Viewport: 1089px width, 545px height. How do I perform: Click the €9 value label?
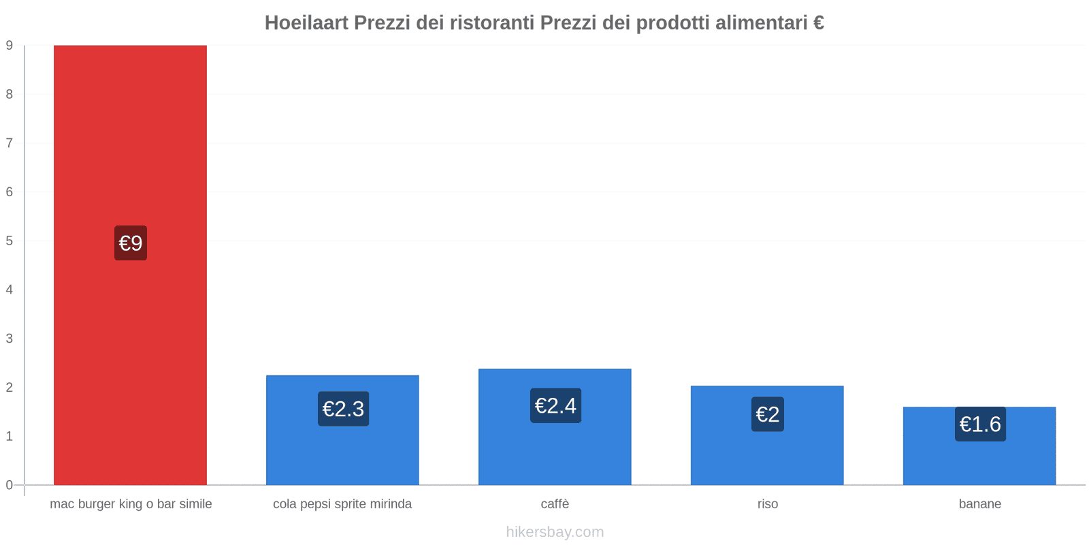click(x=131, y=243)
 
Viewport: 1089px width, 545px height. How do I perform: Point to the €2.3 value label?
click(x=343, y=409)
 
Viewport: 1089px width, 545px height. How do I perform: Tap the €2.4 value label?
click(x=555, y=406)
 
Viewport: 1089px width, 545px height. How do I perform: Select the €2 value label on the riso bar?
click(x=768, y=414)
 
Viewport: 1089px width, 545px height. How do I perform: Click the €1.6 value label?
click(x=980, y=424)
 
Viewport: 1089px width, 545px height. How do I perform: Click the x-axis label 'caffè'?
click(x=555, y=504)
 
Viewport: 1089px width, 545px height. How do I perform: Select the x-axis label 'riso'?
click(x=768, y=504)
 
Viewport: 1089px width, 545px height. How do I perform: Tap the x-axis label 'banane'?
click(x=979, y=504)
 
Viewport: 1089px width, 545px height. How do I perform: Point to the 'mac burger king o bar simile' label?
click(x=131, y=504)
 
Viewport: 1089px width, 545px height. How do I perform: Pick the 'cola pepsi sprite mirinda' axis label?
click(x=342, y=504)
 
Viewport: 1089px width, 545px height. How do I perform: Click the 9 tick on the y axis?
click(x=10, y=46)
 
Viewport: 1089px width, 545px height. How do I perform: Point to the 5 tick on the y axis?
click(x=10, y=241)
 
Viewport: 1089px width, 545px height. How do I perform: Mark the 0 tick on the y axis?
click(x=10, y=485)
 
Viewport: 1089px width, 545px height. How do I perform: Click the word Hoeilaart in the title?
click(x=306, y=23)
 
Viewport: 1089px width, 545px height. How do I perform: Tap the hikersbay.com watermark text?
click(x=555, y=532)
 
